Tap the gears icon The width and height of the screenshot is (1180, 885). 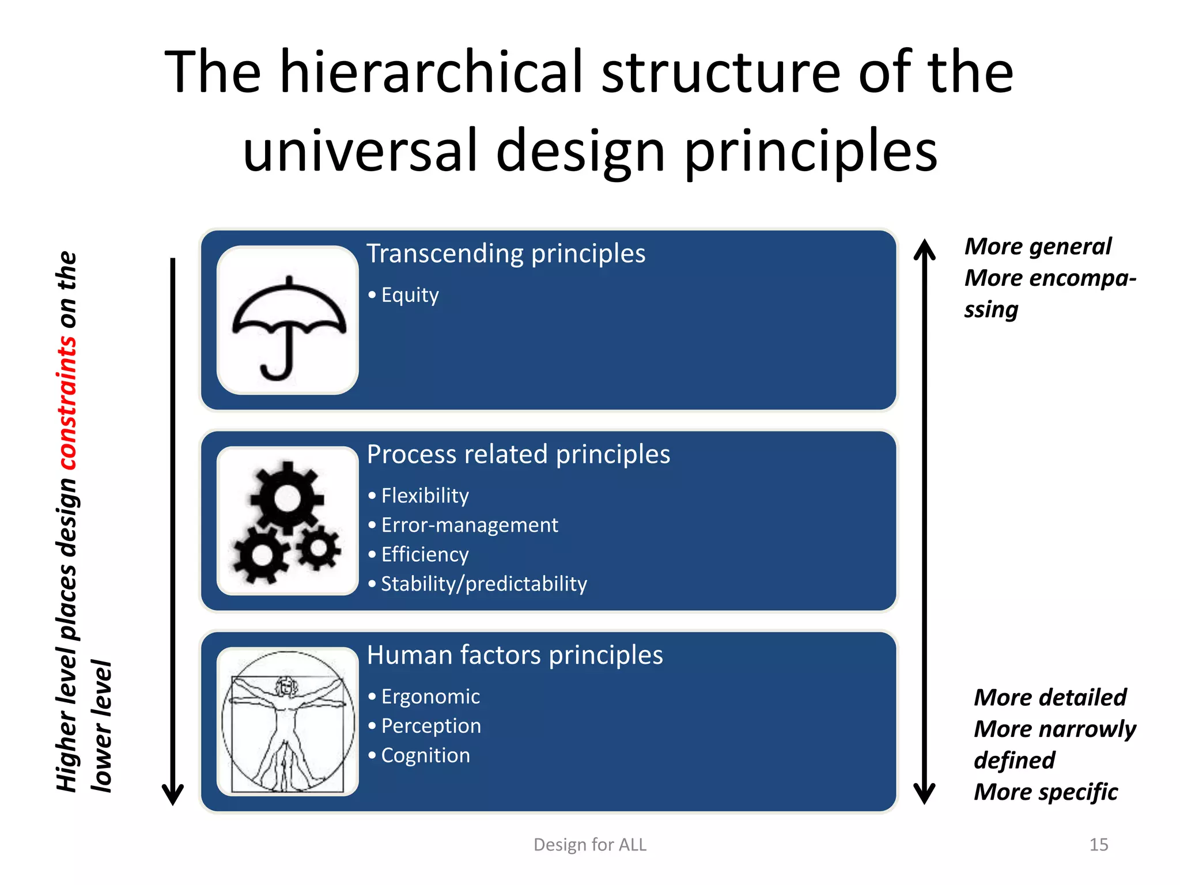click(x=287, y=521)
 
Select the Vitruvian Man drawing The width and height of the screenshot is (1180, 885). click(x=287, y=721)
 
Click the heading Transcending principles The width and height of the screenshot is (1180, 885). click(x=506, y=254)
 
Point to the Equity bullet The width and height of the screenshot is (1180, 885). click(x=410, y=295)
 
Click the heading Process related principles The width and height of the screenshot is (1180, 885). click(x=519, y=455)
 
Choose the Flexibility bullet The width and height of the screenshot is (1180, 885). click(x=425, y=496)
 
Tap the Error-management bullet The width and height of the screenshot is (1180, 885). click(x=469, y=525)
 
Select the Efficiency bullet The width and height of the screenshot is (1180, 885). click(x=425, y=554)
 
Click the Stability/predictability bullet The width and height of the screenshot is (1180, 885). click(x=483, y=584)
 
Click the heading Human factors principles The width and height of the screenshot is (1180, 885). click(x=515, y=656)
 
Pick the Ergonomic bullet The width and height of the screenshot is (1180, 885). click(x=430, y=697)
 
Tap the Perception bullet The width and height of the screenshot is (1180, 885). click(x=431, y=726)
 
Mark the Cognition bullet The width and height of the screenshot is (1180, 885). click(x=425, y=755)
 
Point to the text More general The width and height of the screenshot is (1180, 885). click(x=1038, y=247)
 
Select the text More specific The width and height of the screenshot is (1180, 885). click(x=1045, y=792)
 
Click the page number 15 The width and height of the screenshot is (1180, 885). click(x=1098, y=845)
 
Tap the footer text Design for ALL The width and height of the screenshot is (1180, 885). click(x=590, y=845)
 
